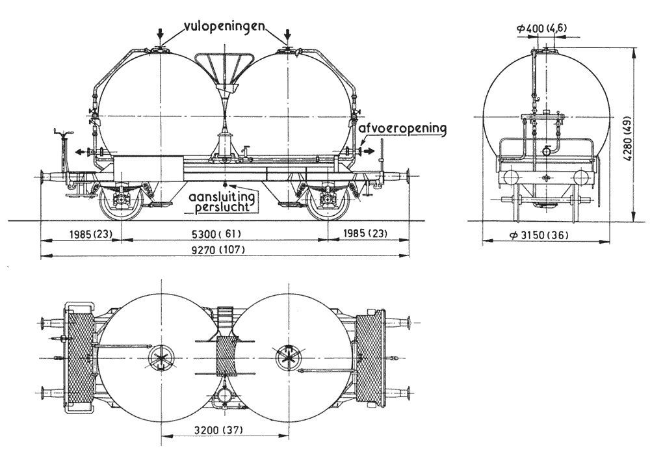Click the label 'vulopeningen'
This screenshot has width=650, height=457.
[224, 26]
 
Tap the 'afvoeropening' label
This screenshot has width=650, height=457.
[403, 129]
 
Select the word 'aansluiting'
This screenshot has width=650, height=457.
[222, 196]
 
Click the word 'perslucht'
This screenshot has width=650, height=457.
[222, 206]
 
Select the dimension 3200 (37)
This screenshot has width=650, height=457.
[218, 430]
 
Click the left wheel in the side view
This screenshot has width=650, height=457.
[121, 202]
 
